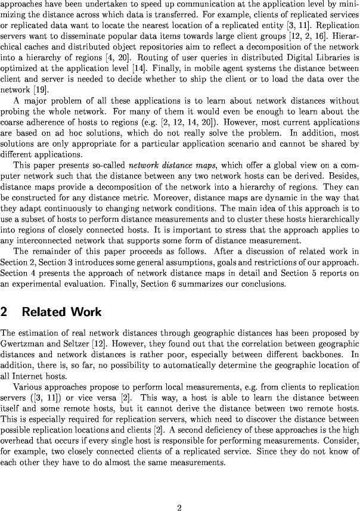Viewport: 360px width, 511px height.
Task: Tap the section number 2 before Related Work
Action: (x=5, y=312)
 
